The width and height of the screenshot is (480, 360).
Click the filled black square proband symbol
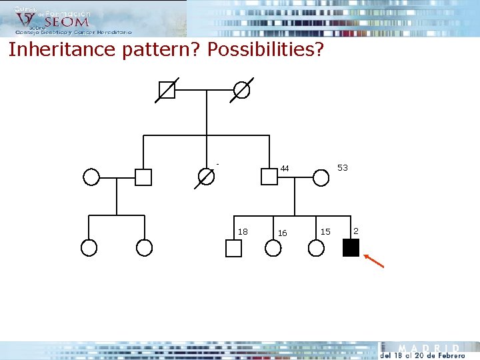(x=351, y=247)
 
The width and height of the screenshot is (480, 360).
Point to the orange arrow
(x=374, y=260)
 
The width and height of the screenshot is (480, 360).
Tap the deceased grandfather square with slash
(x=167, y=90)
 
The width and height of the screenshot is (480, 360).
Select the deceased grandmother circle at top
(x=241, y=90)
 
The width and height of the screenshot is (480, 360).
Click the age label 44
(x=285, y=169)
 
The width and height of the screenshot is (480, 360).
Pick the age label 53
(x=343, y=168)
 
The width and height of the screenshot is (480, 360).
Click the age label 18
(x=243, y=231)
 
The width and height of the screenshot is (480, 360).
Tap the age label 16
(x=282, y=233)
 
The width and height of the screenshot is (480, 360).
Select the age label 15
(x=325, y=231)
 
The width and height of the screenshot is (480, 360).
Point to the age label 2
(x=356, y=231)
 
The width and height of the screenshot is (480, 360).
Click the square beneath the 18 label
(x=233, y=248)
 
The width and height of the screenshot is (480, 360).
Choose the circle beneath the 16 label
(x=273, y=248)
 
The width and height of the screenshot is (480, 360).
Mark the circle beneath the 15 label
(x=317, y=248)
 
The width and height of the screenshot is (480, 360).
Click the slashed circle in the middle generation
(x=207, y=177)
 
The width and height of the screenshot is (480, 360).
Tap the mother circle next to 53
(x=321, y=177)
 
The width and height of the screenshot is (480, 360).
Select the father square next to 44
(x=269, y=177)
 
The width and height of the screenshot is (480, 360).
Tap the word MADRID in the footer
(x=429, y=348)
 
